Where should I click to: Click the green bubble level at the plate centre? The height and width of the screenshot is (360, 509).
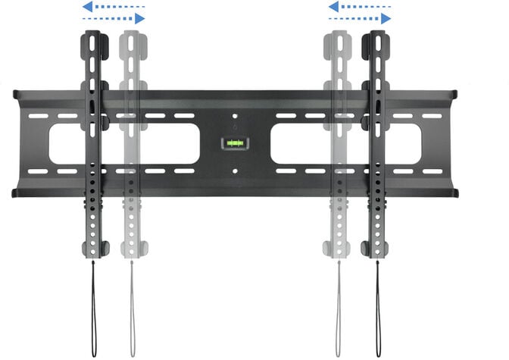(x=234, y=142)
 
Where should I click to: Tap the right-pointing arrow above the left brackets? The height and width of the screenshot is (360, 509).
(x=114, y=18)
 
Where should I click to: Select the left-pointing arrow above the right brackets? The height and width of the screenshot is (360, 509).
(x=358, y=8)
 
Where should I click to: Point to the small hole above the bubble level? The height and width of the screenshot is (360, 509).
(x=235, y=117)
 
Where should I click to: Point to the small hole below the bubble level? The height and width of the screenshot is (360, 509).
(x=235, y=170)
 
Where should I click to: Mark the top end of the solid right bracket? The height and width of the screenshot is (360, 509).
(x=376, y=35)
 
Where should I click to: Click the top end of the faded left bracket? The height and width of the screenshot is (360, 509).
(x=133, y=35)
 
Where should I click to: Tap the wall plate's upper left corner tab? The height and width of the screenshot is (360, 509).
(x=16, y=94)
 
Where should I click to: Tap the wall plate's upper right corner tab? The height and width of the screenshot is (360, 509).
(x=454, y=94)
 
